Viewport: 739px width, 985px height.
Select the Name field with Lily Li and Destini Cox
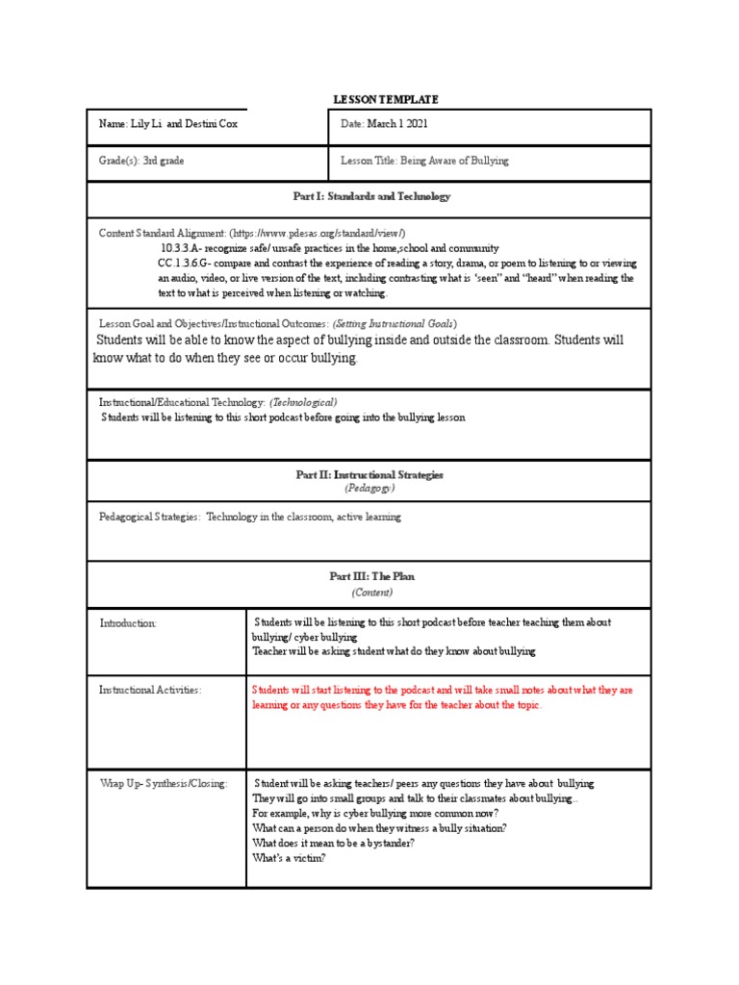[x=168, y=124]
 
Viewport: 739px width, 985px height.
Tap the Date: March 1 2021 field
[x=384, y=124]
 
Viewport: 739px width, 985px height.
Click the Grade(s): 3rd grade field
[x=141, y=161]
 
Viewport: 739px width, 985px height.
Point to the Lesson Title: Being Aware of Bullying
[x=424, y=161]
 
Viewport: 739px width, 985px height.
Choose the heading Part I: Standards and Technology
[x=370, y=196]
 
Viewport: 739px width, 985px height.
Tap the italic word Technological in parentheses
[x=303, y=401]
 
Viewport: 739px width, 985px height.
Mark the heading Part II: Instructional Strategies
[x=370, y=475]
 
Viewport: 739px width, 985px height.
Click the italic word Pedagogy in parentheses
[x=370, y=489]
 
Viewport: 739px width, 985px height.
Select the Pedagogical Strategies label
[x=149, y=517]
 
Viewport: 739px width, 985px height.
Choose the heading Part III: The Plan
[x=370, y=576]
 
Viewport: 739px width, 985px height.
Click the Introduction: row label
[x=128, y=623]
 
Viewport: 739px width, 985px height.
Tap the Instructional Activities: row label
[x=150, y=691]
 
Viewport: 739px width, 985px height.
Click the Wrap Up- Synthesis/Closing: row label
[x=164, y=784]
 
